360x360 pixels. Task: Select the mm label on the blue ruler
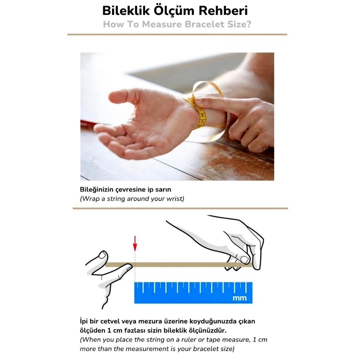tap(239, 298)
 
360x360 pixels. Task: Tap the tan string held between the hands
tap(180, 265)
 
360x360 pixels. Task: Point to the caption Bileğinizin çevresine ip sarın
tap(125, 190)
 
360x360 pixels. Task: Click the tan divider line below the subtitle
tap(177, 34)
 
